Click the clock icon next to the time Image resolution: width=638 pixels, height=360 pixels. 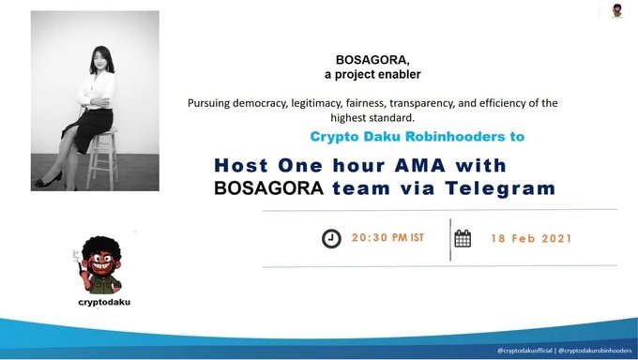[331, 238]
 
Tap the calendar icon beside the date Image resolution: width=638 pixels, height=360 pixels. [463, 238]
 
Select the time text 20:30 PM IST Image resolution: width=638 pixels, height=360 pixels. [387, 237]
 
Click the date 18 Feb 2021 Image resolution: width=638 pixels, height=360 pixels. [531, 238]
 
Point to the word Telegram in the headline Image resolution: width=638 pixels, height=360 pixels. [500, 188]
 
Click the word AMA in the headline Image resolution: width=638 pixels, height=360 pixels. [420, 166]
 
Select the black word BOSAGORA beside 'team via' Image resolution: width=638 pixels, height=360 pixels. [268, 188]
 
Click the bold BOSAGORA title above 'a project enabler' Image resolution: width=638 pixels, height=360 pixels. [372, 60]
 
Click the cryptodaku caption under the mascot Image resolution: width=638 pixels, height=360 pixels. [104, 302]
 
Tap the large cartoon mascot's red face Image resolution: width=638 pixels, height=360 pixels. [100, 262]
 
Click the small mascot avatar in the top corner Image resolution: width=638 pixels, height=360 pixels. [617, 11]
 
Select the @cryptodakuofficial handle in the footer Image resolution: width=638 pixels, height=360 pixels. [524, 351]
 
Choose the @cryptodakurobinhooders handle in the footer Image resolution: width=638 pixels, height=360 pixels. [595, 351]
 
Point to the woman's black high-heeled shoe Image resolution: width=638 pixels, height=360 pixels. [49, 180]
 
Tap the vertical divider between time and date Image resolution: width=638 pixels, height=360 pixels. [450, 240]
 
